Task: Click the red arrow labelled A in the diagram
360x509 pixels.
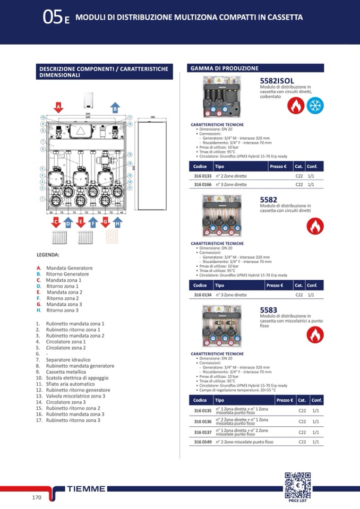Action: [58, 107]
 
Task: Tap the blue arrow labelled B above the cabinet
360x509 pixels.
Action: [115, 107]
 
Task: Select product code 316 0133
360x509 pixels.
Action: [202, 176]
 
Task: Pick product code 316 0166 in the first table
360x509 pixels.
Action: [202, 185]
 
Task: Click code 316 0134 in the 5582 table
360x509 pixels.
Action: [202, 295]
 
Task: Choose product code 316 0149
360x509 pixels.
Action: [202, 442]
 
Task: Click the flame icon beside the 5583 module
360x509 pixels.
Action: [315, 334]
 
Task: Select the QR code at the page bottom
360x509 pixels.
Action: [297, 484]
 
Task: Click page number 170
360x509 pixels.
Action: [37, 497]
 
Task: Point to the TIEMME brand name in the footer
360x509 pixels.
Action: [87, 488]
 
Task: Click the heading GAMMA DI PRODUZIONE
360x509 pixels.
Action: [224, 68]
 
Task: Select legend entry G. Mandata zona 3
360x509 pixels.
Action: [59, 304]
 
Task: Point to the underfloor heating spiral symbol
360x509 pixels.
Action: [114, 237]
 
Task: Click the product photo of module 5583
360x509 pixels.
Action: [223, 326]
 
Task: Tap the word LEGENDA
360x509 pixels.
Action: [48, 255]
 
